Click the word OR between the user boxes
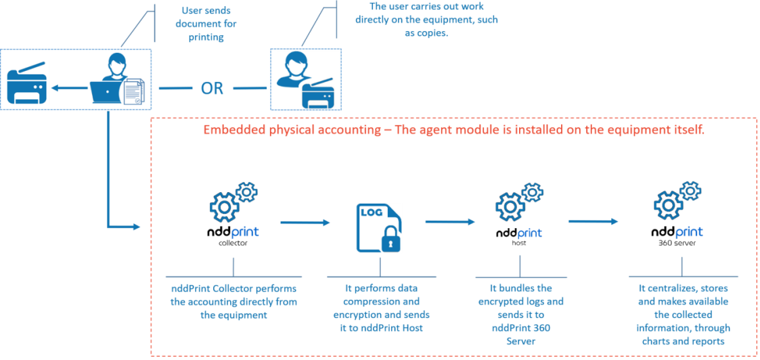[212, 88]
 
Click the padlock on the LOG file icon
[390, 240]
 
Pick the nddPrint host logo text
[518, 233]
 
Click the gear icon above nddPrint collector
[230, 201]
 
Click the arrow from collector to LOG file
[305, 221]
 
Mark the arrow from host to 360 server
[593, 221]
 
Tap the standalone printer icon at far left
[26, 87]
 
